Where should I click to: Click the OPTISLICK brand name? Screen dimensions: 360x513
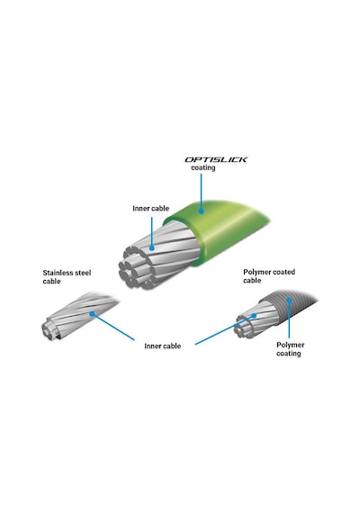(216, 159)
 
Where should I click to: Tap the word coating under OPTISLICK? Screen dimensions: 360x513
(203, 167)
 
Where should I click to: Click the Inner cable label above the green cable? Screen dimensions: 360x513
(151, 209)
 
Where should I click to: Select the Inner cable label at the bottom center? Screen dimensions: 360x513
(163, 346)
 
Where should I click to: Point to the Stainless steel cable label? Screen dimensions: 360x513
(67, 277)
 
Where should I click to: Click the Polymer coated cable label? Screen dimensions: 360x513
(269, 276)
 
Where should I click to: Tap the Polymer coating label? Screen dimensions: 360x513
(291, 349)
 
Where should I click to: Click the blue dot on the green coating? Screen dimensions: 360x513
(202, 211)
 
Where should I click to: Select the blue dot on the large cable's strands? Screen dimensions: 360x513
(152, 248)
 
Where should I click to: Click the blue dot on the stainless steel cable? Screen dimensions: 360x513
(93, 314)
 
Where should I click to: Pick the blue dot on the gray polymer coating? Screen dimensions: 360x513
(289, 300)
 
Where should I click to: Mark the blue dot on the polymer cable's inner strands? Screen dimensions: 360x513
(254, 316)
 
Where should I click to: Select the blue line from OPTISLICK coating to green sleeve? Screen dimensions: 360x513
(202, 192)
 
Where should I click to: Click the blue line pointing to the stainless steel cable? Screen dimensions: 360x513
(113, 327)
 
